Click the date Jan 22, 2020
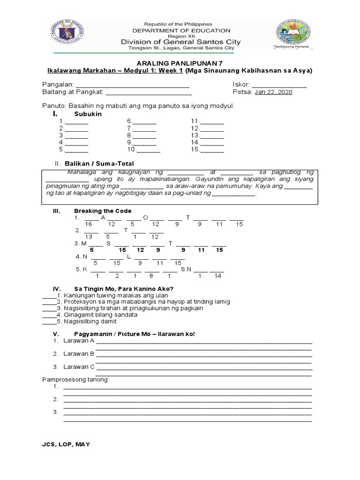tap(273, 92)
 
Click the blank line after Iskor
tap(279, 85)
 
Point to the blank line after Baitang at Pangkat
tap(149, 92)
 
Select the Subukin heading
tap(88, 114)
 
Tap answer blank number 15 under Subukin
tap(212, 150)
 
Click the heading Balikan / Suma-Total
tap(104, 164)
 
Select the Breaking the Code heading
tap(103, 211)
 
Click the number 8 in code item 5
tap(151, 276)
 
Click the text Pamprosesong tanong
tap(75, 379)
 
